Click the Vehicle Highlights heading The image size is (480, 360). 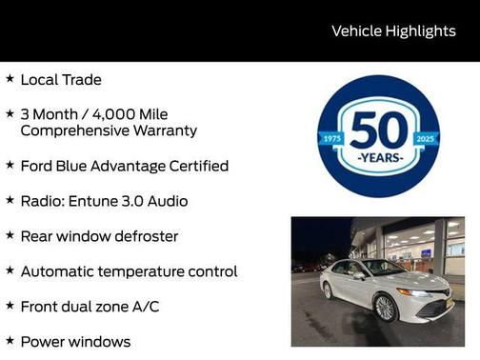393,30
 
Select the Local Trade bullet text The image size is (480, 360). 61,80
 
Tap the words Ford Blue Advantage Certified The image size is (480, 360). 124,166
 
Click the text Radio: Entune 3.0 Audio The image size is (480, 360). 104,201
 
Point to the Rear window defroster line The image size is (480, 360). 99,236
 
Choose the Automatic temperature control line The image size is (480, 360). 129,271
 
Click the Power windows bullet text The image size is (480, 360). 75,341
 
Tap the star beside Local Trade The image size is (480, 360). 10,79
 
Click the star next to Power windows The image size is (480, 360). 10,340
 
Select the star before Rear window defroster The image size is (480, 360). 10,235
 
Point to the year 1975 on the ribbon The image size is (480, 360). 332,139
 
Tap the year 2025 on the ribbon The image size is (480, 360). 425,139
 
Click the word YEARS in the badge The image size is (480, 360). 378,156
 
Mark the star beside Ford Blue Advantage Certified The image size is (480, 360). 10,165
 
